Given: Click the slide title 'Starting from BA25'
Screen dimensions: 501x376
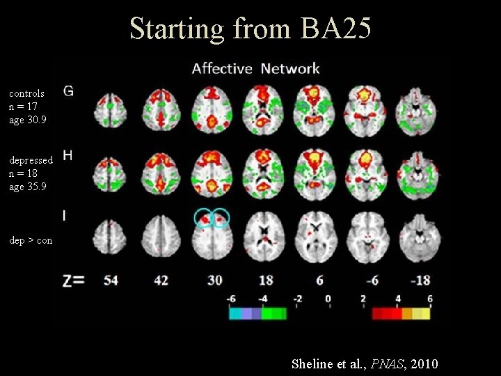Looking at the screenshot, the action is tap(250, 29).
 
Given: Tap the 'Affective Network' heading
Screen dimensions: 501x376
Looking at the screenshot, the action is tap(255, 68).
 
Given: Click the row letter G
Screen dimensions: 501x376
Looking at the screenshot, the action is tap(69, 91).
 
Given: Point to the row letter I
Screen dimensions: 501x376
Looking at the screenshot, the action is tap(65, 216).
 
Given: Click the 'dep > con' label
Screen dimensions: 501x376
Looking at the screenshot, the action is tap(31, 240).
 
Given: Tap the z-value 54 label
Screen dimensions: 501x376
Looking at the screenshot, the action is tap(111, 281).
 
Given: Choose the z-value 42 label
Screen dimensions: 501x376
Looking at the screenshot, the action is tap(161, 281).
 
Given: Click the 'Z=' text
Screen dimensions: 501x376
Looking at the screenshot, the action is tap(73, 281).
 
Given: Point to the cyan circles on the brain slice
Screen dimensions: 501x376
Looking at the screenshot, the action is tap(212, 219).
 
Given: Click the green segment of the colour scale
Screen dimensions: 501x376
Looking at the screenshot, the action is tap(273, 313).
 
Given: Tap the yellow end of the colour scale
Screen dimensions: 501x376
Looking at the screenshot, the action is tap(421, 313).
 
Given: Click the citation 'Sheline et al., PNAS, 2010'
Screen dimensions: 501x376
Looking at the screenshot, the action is tap(365, 363).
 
